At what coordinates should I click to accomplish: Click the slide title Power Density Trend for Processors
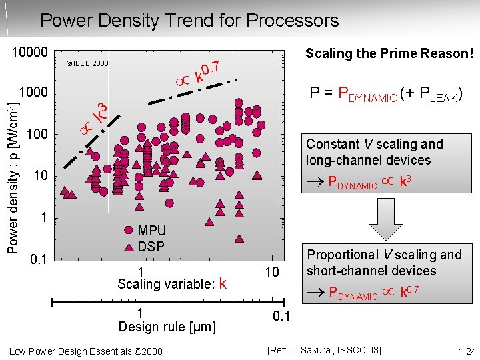coord(189,21)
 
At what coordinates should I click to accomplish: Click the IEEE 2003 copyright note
coord(87,64)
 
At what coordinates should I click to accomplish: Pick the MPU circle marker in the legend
coord(129,231)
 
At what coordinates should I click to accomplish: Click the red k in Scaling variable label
coord(223,285)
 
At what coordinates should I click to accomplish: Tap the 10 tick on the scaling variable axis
coord(272,272)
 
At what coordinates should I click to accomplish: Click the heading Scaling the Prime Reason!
coord(389,53)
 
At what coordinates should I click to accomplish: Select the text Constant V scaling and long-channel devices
coord(375,152)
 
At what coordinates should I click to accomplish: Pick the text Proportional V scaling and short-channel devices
coord(384,263)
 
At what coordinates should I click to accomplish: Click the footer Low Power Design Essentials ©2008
coord(86,351)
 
